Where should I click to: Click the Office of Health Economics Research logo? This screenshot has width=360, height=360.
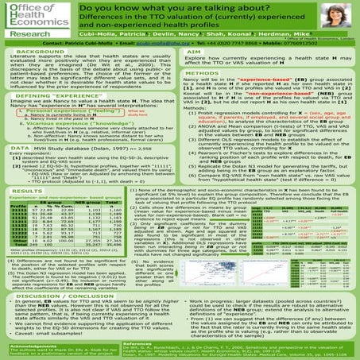[x=31, y=19]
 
